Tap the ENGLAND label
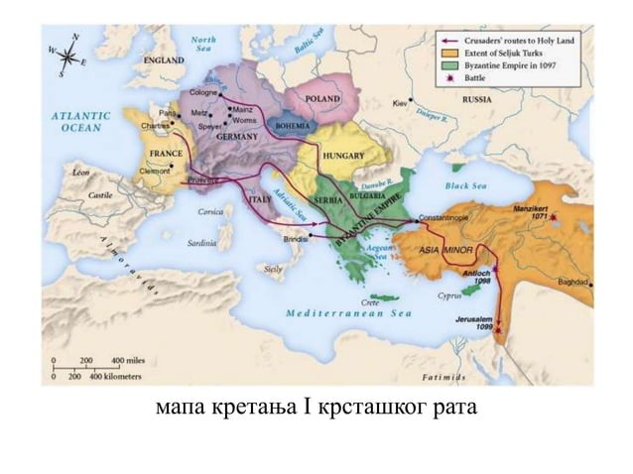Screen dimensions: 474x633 pyautogui.click(x=163, y=60)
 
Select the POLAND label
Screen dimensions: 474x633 pyautogui.click(x=322, y=99)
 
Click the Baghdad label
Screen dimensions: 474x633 pyautogui.click(x=573, y=283)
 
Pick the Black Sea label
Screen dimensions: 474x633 pyautogui.click(x=467, y=184)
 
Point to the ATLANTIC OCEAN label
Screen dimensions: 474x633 pyautogui.click(x=80, y=122)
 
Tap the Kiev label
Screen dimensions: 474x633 pyautogui.click(x=401, y=102)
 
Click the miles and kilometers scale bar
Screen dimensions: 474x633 pyautogui.click(x=96, y=370)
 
